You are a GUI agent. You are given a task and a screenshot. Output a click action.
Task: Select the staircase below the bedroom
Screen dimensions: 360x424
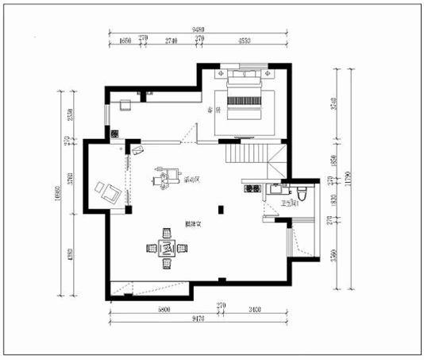point(255,157)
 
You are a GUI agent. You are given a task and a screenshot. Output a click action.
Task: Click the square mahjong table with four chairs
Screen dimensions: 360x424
point(167,248)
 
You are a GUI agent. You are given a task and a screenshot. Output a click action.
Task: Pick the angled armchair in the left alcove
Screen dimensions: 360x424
point(107,190)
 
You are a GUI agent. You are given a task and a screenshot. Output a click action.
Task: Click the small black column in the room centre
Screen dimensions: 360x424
point(223,209)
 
